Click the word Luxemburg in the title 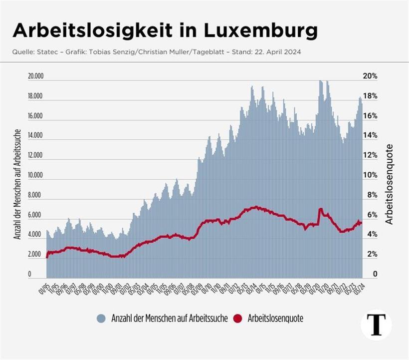click(x=261, y=30)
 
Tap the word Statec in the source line click(x=47, y=52)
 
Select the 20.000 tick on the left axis click(x=35, y=76)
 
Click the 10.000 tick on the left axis click(x=35, y=175)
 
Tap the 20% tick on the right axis click(x=370, y=76)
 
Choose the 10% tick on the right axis click(x=370, y=175)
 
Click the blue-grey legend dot click(x=101, y=318)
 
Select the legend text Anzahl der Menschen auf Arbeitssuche click(x=169, y=318)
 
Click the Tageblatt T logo click(x=376, y=325)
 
